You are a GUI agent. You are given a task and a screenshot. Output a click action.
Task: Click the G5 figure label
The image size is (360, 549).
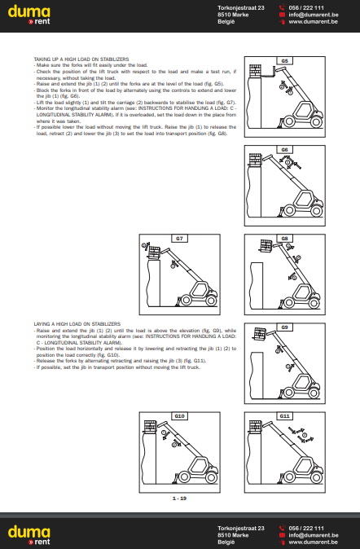click(285, 61)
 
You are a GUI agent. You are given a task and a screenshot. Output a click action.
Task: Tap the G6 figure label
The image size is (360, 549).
click(285, 150)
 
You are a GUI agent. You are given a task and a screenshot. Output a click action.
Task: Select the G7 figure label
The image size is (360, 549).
click(180, 238)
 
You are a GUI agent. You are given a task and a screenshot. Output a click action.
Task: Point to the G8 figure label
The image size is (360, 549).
click(285, 238)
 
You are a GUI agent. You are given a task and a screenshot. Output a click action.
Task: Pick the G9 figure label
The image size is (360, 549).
click(285, 327)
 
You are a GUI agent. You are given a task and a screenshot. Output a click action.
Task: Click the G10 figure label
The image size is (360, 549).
click(180, 415)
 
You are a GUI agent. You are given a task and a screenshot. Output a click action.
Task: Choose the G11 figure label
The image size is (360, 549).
click(285, 415)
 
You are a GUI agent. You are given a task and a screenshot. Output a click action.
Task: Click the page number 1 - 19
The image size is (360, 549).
click(179, 498)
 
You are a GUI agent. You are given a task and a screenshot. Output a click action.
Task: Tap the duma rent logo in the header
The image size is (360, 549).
click(29, 15)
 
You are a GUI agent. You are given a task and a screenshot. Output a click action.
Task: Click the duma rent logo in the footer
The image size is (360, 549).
click(29, 534)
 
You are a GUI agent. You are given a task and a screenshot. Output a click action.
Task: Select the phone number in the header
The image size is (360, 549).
click(306, 7)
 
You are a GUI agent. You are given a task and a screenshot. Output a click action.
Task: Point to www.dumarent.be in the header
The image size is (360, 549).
click(314, 22)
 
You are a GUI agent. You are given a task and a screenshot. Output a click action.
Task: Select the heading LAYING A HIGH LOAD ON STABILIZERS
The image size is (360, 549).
click(77, 323)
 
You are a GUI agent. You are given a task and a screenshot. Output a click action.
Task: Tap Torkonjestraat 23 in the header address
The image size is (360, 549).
click(242, 7)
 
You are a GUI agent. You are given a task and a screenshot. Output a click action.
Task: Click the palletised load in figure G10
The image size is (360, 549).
click(149, 426)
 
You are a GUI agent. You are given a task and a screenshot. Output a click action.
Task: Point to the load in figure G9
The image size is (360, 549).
click(258, 335)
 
